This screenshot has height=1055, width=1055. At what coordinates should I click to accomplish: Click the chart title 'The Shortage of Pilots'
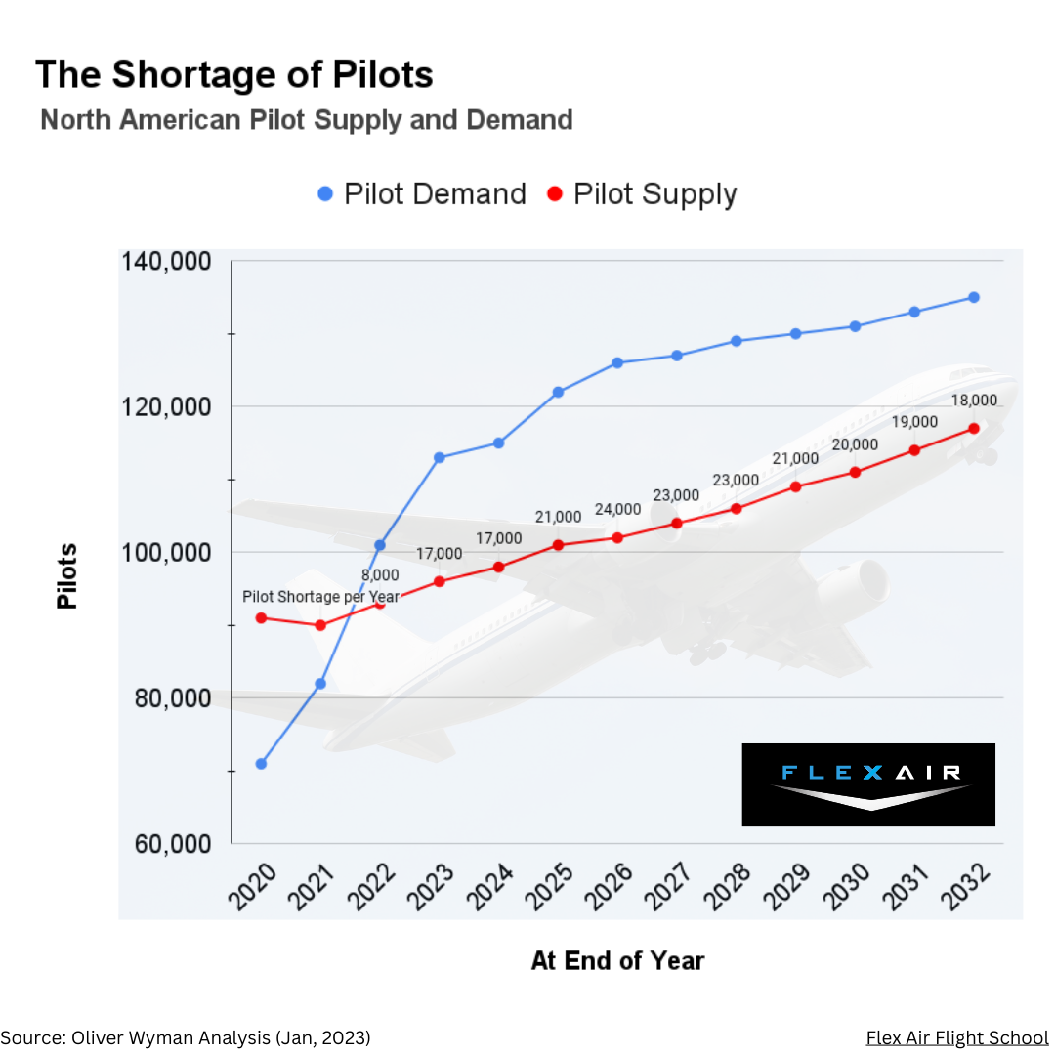click(234, 75)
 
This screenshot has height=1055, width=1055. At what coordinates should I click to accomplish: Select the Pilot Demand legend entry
click(422, 194)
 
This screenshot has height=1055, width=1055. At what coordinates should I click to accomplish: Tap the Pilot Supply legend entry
click(642, 194)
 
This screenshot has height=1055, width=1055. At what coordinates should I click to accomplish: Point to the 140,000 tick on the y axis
click(166, 262)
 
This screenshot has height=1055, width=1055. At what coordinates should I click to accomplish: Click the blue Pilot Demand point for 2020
click(261, 764)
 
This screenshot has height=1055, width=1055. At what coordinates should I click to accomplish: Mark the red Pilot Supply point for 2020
click(261, 617)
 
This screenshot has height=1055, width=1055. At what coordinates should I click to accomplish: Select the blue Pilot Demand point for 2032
click(974, 297)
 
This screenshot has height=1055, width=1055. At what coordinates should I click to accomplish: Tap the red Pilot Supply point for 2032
click(974, 428)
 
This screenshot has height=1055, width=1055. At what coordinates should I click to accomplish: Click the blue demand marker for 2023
click(440, 457)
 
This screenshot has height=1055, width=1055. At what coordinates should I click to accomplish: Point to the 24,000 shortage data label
click(617, 510)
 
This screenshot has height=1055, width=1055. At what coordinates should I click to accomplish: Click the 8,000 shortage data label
click(380, 574)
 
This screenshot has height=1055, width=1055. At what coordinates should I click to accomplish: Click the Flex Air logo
click(868, 784)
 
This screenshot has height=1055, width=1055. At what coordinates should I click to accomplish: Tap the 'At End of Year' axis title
click(617, 961)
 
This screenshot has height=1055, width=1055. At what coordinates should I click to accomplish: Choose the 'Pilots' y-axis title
click(66, 576)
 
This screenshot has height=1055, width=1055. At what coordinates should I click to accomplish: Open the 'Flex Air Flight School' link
click(956, 1037)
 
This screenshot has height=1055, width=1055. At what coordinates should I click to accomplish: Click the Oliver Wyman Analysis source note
click(186, 1037)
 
